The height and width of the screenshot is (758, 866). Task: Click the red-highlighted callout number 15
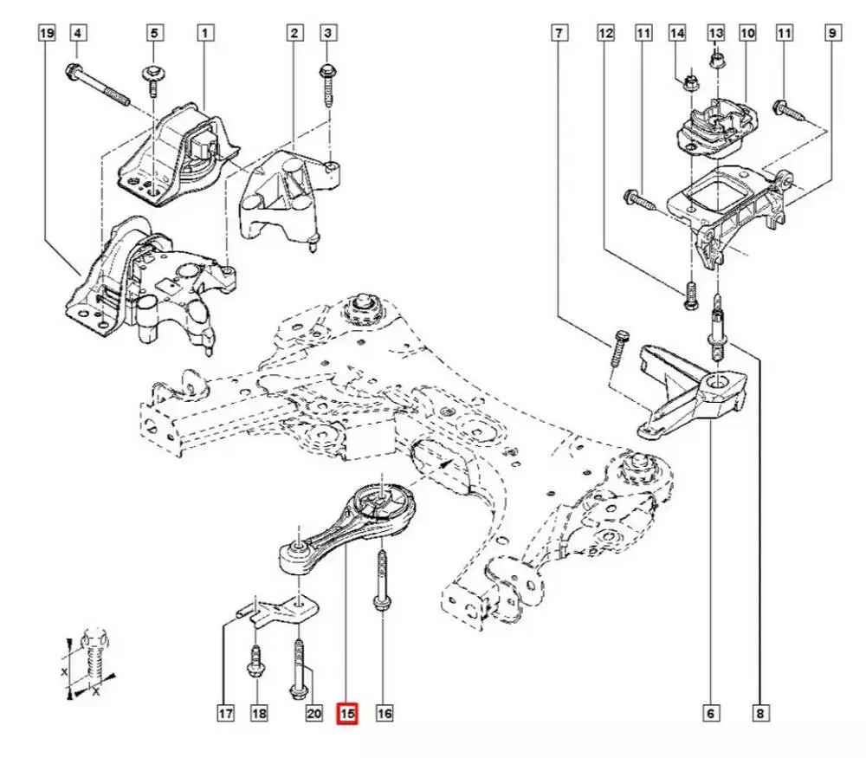point(347,714)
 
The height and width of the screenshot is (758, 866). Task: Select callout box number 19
point(47,33)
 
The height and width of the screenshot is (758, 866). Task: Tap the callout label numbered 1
point(205,33)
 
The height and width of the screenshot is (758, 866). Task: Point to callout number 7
point(559,33)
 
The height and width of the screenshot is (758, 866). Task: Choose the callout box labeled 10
point(747,33)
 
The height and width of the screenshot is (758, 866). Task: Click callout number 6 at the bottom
point(710,714)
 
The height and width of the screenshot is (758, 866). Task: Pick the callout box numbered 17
point(225,714)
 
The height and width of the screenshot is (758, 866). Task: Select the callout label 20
point(313,714)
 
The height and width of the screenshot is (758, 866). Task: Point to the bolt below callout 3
point(327,86)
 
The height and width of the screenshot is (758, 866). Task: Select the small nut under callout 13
point(716,57)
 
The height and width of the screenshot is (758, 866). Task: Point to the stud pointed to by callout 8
point(716,329)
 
